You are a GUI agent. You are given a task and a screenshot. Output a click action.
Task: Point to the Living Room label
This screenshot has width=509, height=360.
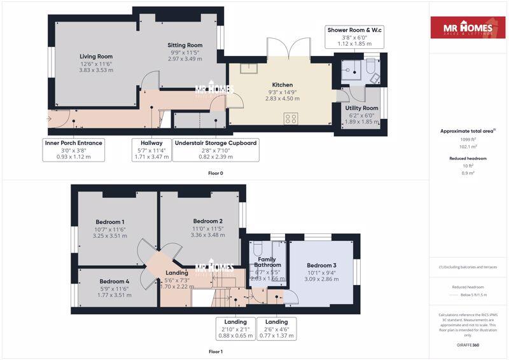pyautogui.click(x=95, y=57)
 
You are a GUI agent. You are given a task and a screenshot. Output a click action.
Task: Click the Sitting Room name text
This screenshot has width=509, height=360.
pyautogui.click(x=185, y=45)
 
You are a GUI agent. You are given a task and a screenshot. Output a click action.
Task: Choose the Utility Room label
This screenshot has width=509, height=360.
pyautogui.click(x=361, y=108)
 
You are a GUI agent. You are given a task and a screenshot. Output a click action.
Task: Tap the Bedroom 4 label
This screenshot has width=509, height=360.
pyautogui.click(x=115, y=281)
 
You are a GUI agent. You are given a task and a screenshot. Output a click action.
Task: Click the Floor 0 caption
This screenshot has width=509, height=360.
pyautogui.click(x=216, y=173)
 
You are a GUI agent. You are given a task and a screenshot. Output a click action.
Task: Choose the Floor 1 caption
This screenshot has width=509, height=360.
pyautogui.click(x=216, y=351)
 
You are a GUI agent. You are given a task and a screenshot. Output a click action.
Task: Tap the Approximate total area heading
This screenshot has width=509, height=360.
pyautogui.click(x=468, y=131)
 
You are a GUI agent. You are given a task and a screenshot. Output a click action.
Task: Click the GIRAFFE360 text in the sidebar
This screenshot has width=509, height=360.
pyautogui.click(x=468, y=344)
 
